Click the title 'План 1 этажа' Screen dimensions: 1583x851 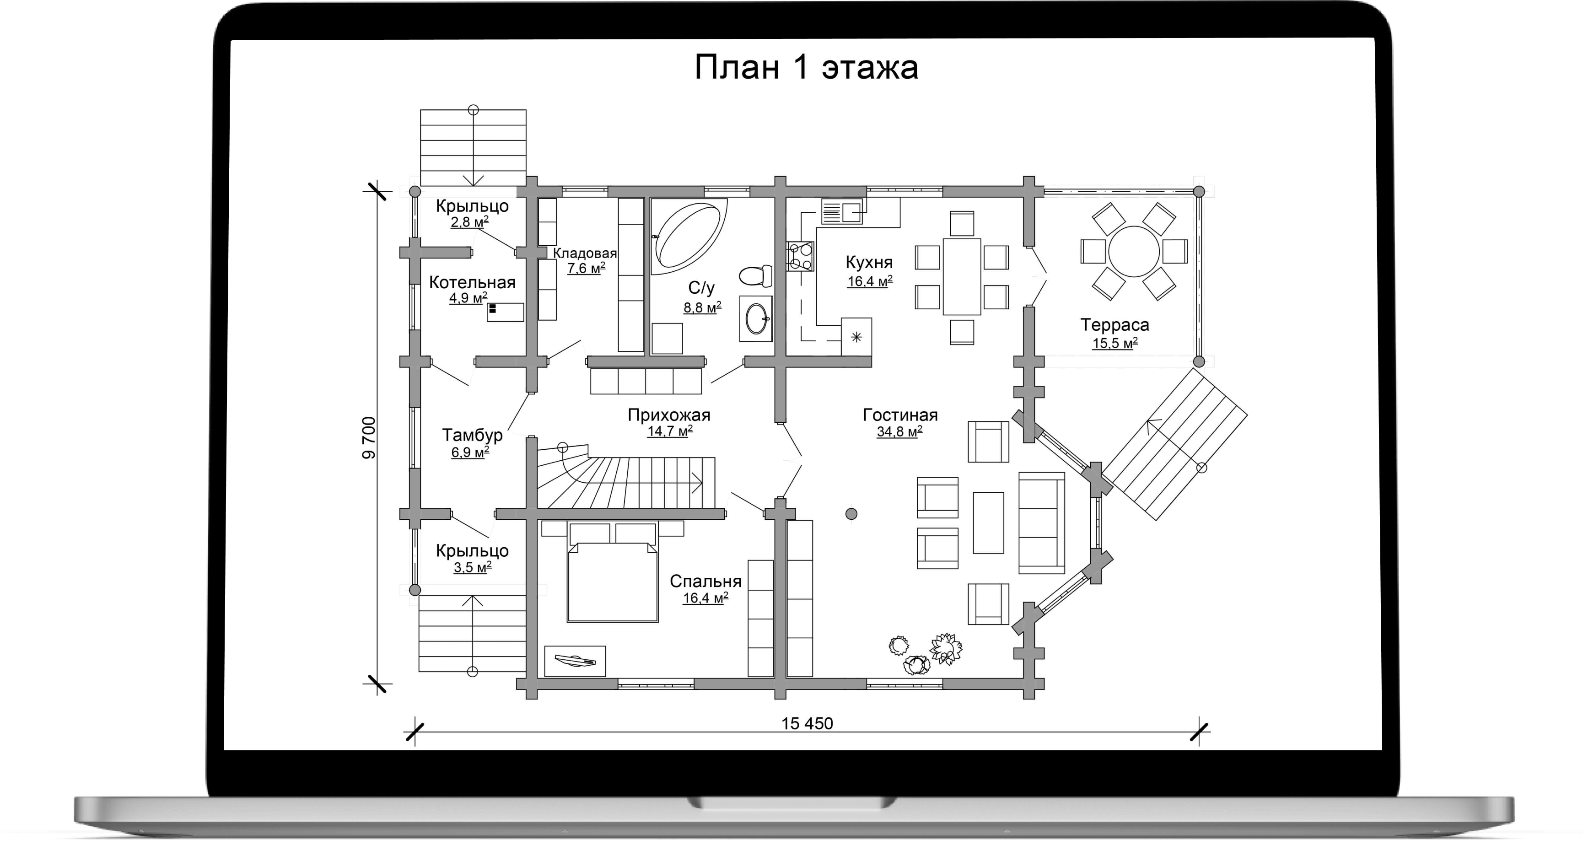point(806,68)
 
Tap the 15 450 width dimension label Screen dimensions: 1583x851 point(807,723)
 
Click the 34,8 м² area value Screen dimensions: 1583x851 point(899,432)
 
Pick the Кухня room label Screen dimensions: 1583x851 point(869,262)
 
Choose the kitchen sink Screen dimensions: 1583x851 point(842,212)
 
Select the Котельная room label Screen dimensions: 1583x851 point(472,283)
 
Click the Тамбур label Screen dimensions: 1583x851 point(473,435)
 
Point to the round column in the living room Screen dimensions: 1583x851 point(851,514)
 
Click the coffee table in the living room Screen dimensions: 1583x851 point(988,522)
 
